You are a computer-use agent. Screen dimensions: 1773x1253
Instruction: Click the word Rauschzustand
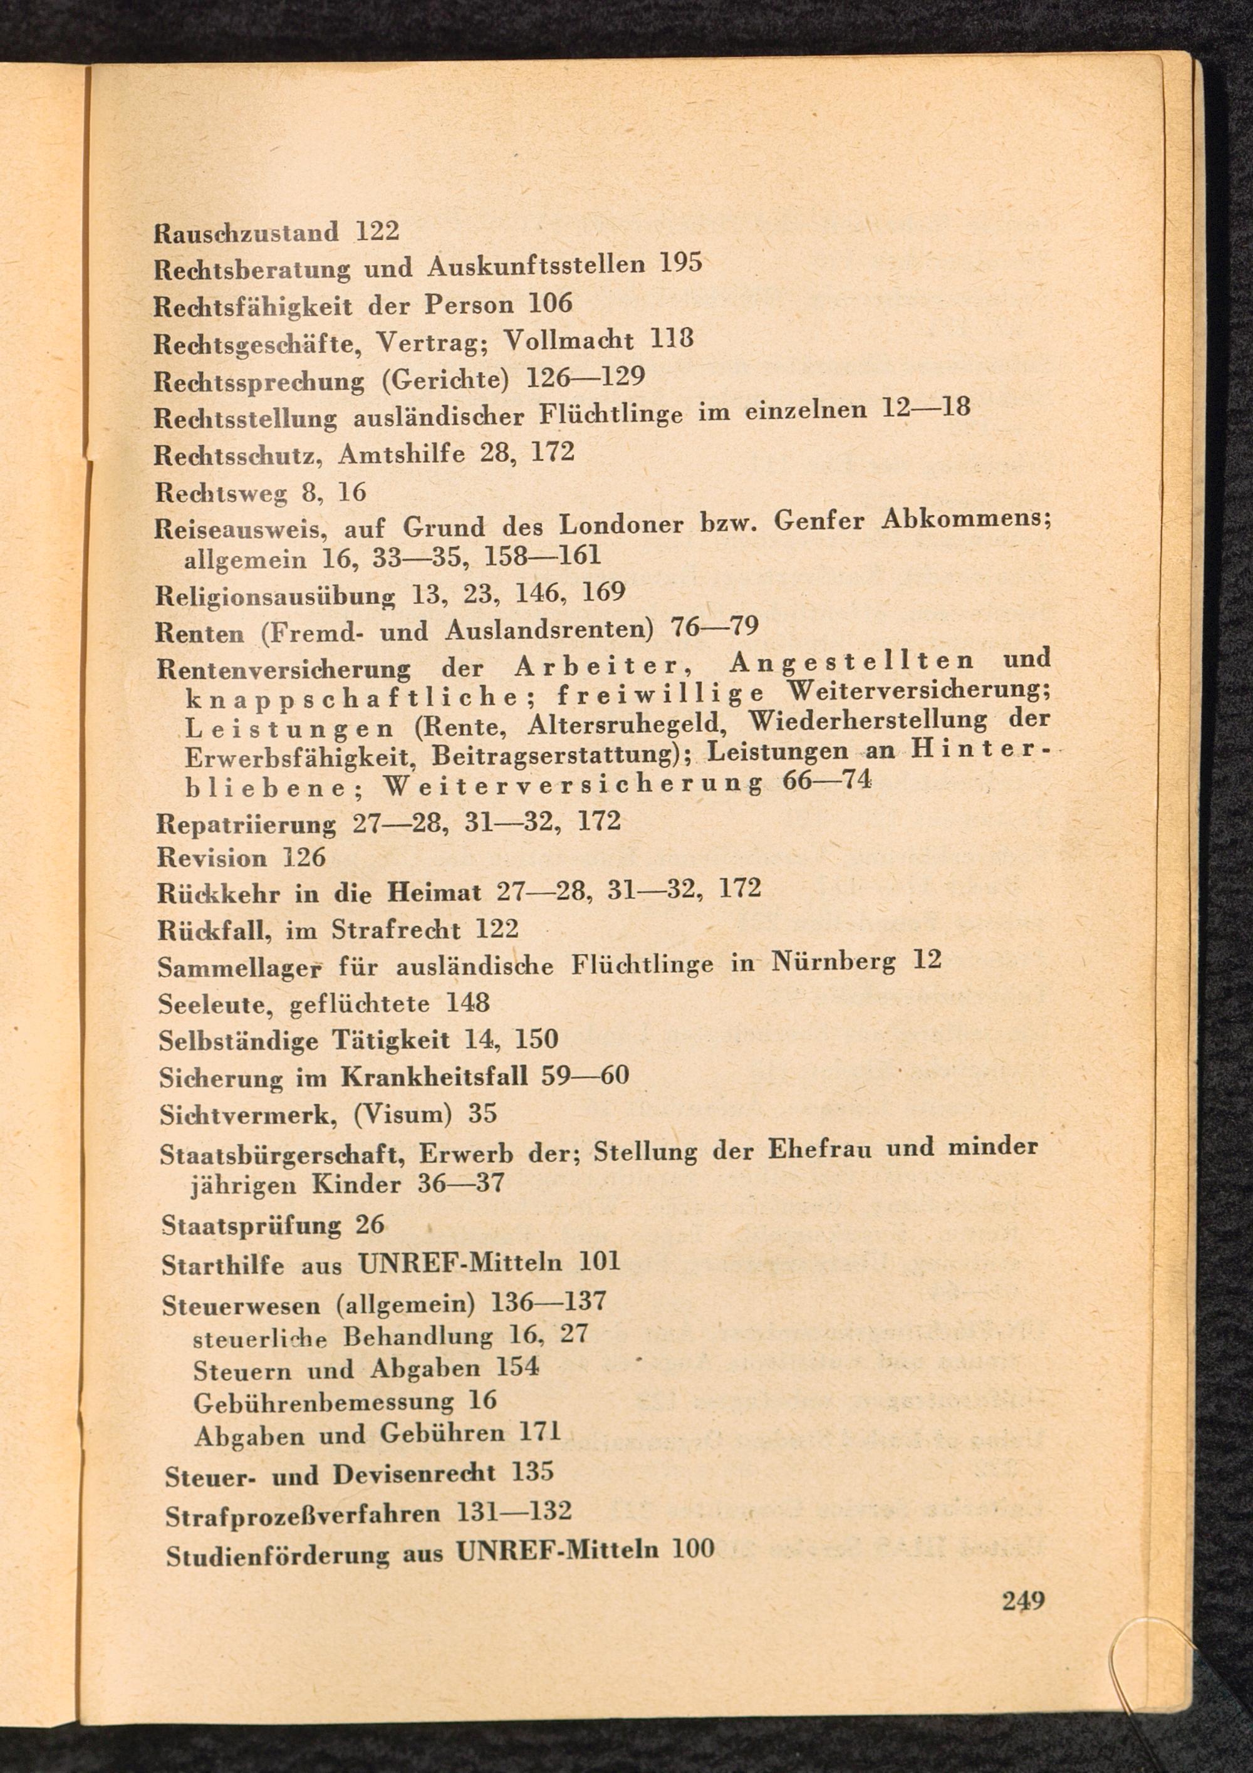click(246, 232)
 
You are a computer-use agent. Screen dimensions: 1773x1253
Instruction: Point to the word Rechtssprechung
click(259, 382)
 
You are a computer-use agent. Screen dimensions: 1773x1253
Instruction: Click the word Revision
click(212, 858)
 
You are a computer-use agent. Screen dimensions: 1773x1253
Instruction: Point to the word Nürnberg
click(822, 962)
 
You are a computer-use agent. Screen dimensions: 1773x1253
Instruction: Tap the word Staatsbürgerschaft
click(283, 1155)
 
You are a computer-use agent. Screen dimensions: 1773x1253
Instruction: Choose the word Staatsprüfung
click(251, 1225)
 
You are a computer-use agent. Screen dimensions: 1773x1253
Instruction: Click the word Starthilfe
click(224, 1265)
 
